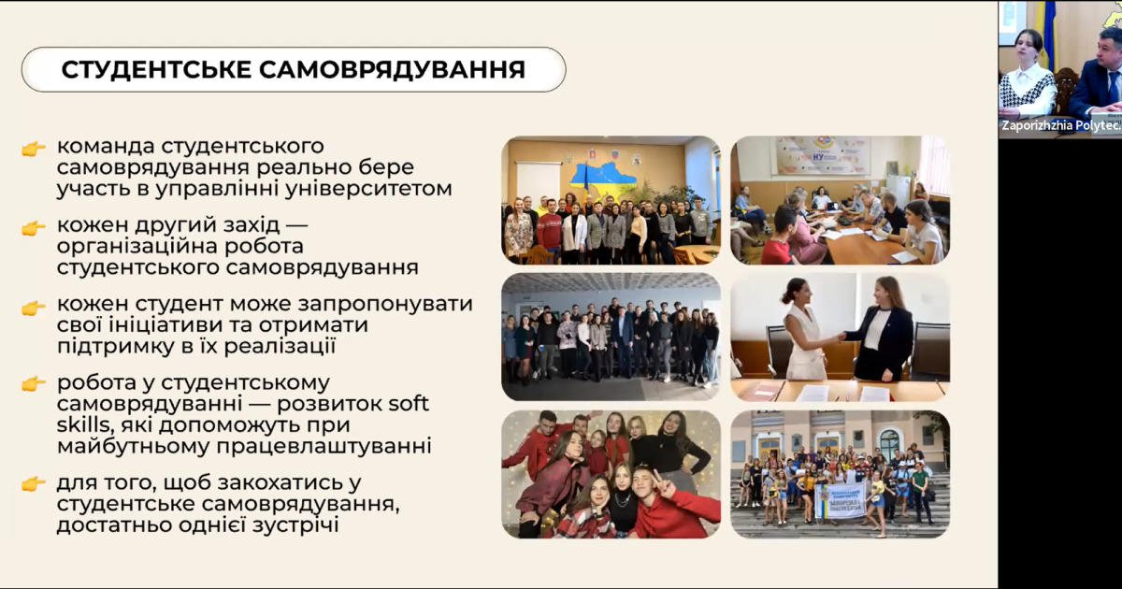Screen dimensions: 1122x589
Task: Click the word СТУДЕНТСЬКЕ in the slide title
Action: pyautogui.click(x=155, y=69)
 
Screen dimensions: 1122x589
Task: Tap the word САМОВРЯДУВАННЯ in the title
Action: pyautogui.click(x=392, y=69)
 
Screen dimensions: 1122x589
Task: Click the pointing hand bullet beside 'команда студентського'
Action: pyautogui.click(x=34, y=149)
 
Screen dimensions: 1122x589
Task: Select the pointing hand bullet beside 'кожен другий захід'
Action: pyautogui.click(x=34, y=228)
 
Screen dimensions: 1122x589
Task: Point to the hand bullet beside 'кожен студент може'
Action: pyautogui.click(x=34, y=307)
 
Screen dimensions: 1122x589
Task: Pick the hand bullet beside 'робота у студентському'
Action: pyautogui.click(x=34, y=383)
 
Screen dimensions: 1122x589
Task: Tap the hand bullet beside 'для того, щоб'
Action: pyautogui.click(x=34, y=484)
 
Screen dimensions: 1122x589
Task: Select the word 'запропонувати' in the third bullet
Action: pyautogui.click(x=385, y=305)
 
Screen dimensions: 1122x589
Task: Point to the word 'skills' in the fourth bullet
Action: pyautogui.click(x=82, y=424)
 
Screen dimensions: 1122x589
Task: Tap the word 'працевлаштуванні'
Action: pyautogui.click(x=324, y=446)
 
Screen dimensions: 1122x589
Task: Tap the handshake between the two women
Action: pyautogui.click(x=841, y=337)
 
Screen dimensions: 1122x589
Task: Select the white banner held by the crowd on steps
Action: pyautogui.click(x=840, y=500)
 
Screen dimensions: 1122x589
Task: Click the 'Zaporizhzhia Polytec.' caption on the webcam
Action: pyautogui.click(x=1060, y=125)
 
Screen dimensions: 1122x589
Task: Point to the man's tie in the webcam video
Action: pyautogui.click(x=1113, y=86)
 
